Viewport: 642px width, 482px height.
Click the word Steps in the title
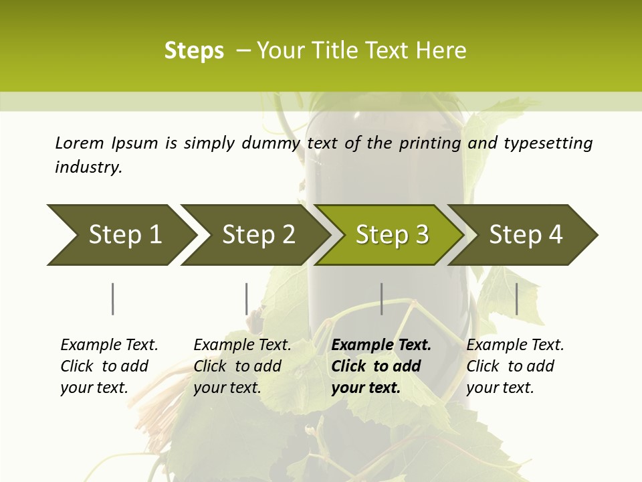(194, 51)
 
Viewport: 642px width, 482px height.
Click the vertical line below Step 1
(113, 299)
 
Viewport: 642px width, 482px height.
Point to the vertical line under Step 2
(247, 299)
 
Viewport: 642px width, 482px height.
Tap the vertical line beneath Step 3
(382, 299)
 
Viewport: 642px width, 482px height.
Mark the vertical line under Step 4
(517, 299)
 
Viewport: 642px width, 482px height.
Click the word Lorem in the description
(80, 143)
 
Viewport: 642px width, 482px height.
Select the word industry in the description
(88, 167)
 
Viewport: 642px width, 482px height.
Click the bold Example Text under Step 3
(381, 345)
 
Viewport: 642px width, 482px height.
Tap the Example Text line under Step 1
(109, 345)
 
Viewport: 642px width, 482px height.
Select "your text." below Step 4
(500, 388)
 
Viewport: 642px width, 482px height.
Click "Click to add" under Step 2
(237, 366)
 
